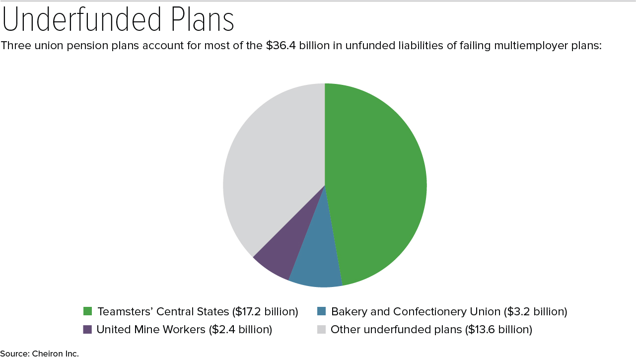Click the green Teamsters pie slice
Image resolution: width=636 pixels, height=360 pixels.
(377, 184)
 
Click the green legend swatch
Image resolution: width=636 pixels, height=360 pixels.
(88, 311)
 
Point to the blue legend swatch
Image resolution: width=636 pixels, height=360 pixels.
(321, 311)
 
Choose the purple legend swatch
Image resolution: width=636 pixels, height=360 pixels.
(87, 329)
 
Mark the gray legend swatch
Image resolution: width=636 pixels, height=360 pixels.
(321, 329)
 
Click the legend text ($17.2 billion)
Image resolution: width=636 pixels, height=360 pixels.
(265, 312)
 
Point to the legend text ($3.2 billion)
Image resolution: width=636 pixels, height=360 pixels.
(535, 312)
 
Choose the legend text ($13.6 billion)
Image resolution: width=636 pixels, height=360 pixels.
(498, 329)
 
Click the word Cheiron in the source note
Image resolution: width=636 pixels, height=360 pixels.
(48, 354)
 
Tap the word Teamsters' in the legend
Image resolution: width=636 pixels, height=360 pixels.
(125, 312)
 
